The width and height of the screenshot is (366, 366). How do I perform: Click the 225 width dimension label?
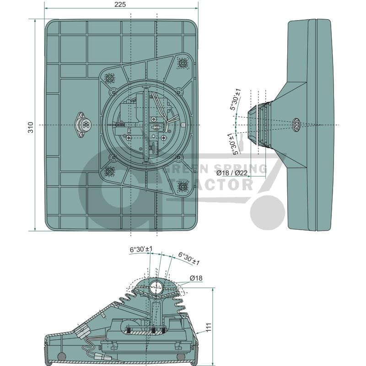pos(120,4)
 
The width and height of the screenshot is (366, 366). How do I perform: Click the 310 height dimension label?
pos(31,127)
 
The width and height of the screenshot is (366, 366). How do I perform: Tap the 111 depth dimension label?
pos(209,327)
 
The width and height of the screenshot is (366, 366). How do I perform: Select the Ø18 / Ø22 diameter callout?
pos(231,173)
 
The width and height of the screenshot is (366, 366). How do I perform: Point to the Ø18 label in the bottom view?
pos(196,278)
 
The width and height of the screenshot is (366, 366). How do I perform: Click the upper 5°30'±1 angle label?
pos(235,99)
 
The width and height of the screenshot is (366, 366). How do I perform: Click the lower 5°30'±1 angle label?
pos(234,144)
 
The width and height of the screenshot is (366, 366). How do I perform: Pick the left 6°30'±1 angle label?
pos(141,249)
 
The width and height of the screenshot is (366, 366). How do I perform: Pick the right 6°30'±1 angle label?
pos(189,258)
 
